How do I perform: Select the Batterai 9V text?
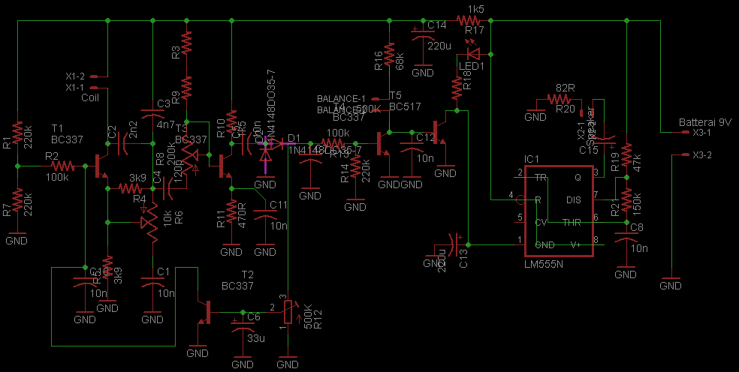click(705, 121)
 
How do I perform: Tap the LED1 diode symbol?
click(474, 54)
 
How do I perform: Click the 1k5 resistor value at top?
click(475, 9)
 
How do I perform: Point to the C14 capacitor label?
click(436, 25)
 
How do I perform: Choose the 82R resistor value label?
click(565, 88)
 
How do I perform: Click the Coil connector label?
click(90, 97)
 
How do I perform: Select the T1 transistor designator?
click(57, 128)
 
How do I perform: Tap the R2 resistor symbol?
click(63, 166)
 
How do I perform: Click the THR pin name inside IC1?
click(572, 222)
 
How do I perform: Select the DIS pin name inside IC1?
click(574, 199)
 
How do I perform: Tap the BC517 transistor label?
click(406, 107)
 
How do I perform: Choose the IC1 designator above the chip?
click(532, 159)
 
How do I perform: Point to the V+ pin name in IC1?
click(575, 244)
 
